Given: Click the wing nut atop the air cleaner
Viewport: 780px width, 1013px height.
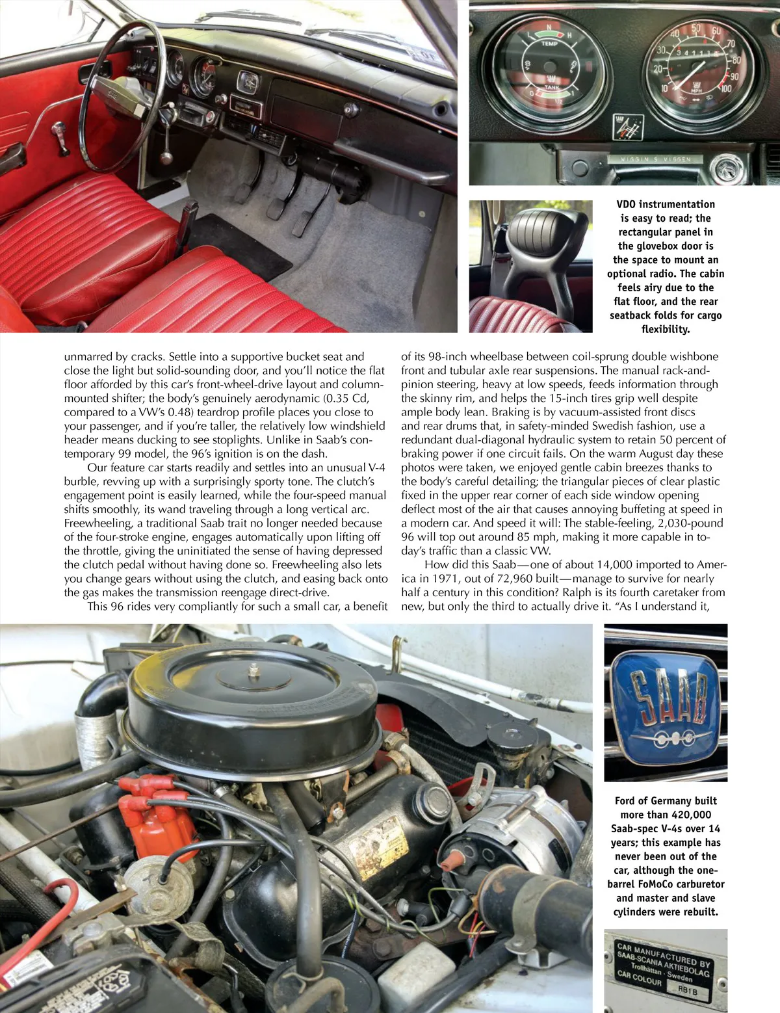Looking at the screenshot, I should point(252,668).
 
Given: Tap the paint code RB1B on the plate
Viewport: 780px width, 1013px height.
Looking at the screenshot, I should point(692,990).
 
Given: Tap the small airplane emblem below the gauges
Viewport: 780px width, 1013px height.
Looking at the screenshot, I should point(627,126).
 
